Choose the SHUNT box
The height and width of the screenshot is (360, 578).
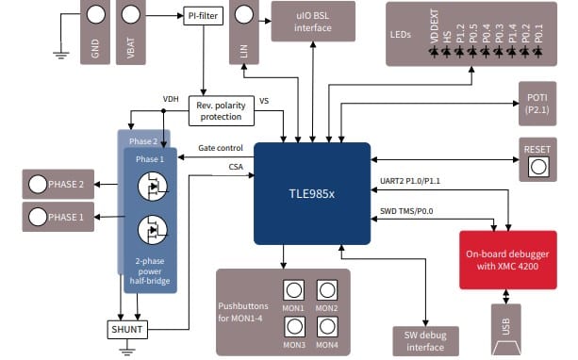point(126,330)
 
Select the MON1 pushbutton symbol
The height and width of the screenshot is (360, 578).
point(293,288)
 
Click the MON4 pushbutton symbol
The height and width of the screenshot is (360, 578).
point(327,325)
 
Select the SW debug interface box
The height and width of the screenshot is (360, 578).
point(424,340)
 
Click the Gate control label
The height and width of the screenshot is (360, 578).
point(222,149)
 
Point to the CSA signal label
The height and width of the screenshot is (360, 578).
point(236,167)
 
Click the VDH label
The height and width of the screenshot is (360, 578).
point(170,99)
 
